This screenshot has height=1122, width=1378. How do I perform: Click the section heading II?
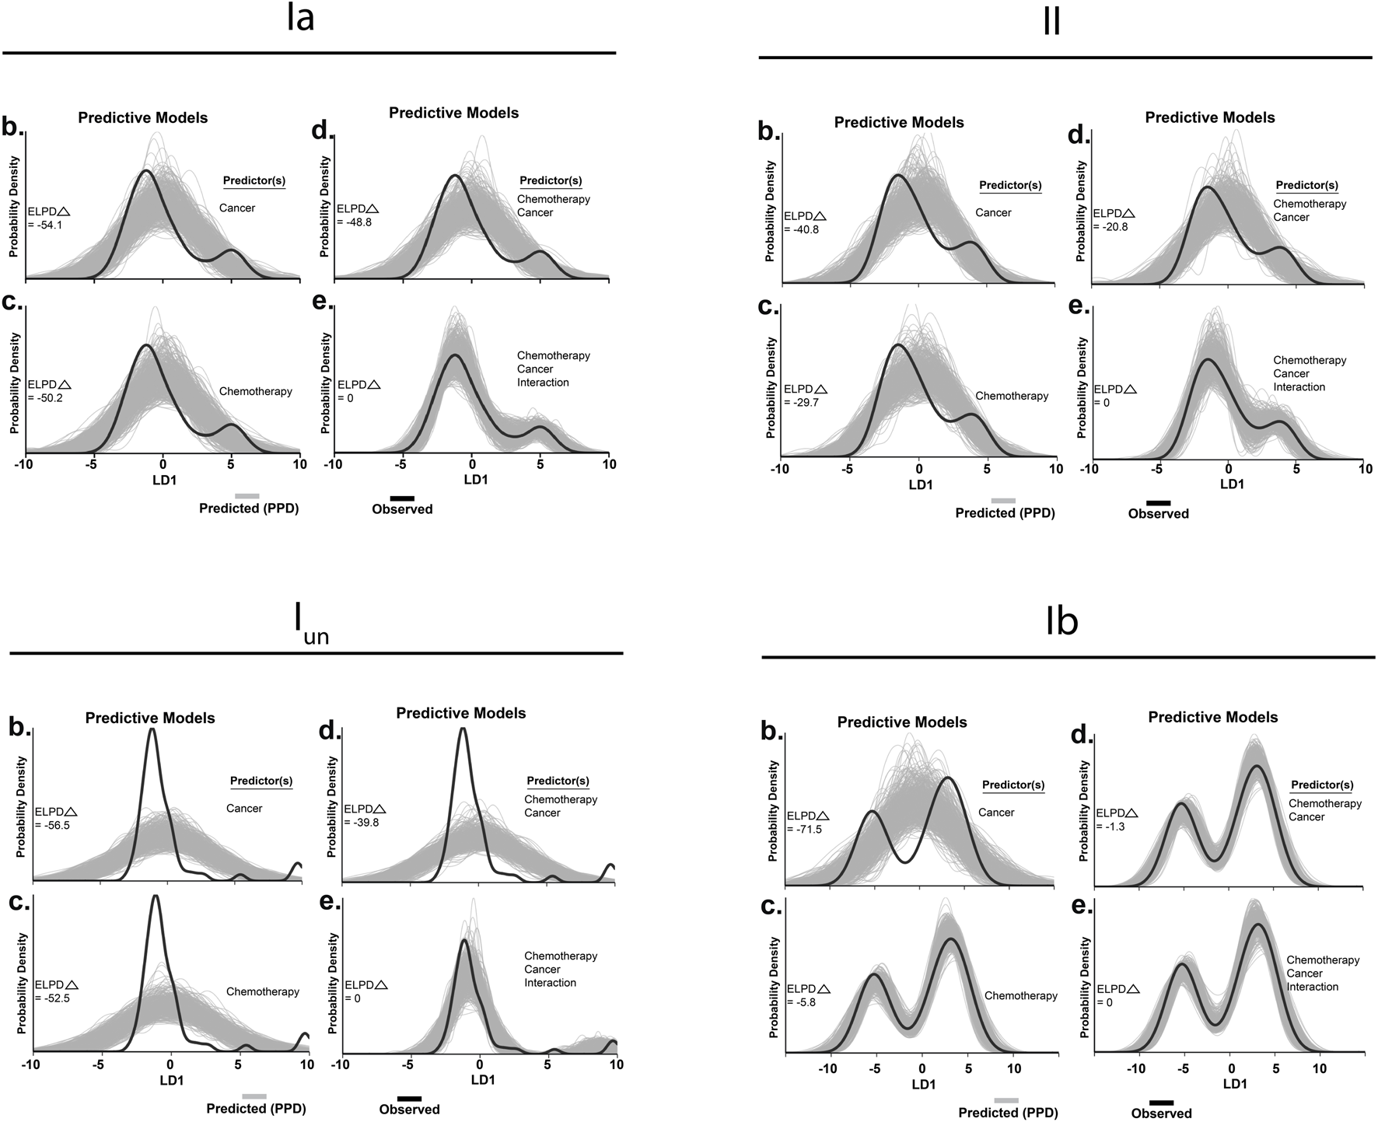point(1052,23)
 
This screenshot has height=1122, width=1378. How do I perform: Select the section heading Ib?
point(1061,623)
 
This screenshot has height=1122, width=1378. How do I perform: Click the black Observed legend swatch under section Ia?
point(402,498)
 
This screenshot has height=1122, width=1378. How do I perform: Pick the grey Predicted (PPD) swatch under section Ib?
point(1006,1100)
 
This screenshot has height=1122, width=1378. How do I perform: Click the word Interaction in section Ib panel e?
point(1313,987)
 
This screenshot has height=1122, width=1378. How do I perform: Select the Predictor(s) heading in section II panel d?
point(1307,185)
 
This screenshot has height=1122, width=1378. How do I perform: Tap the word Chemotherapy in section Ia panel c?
point(256,391)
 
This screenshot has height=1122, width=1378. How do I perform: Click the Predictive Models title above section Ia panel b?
point(143,118)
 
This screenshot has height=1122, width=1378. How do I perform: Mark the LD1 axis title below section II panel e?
point(1231,484)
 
